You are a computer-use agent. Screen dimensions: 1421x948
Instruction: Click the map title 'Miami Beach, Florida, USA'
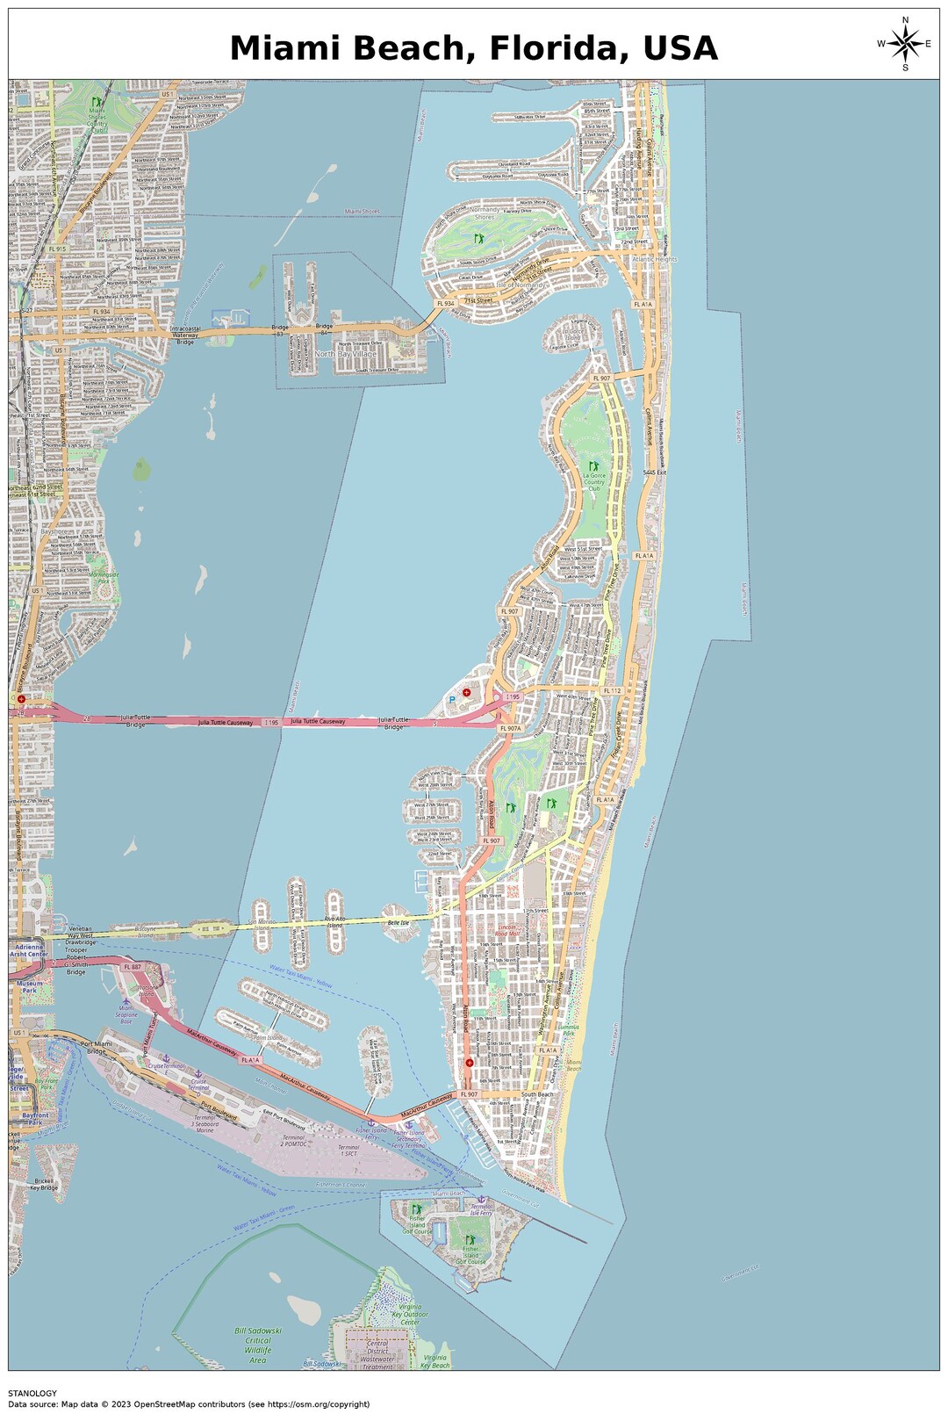pyautogui.click(x=474, y=47)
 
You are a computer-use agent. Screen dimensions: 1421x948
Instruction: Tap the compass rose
pyautogui.click(x=905, y=43)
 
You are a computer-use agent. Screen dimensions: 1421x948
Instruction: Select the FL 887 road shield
pyautogui.click(x=132, y=966)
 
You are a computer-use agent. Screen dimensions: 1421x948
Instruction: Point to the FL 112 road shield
pyautogui.click(x=612, y=691)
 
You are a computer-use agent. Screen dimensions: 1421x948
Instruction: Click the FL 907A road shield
pyautogui.click(x=510, y=728)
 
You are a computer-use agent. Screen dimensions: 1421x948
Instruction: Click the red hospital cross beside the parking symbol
pyautogui.click(x=467, y=692)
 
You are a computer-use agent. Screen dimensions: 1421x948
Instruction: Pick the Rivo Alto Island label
pyautogui.click(x=334, y=922)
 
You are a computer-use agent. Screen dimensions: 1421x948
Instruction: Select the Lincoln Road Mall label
pyautogui.click(x=507, y=930)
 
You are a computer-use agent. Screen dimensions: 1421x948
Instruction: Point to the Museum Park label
pyautogui.click(x=30, y=986)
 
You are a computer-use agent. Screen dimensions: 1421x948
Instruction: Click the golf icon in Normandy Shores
pyautogui.click(x=479, y=238)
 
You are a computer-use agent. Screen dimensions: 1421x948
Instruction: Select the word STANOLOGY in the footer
pyautogui.click(x=32, y=1393)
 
